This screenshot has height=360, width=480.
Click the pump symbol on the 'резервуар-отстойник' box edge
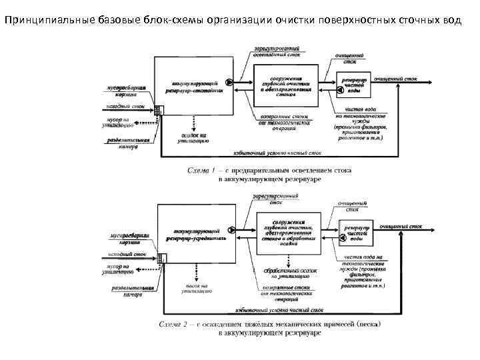(x=229, y=83)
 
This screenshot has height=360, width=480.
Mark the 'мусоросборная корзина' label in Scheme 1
(x=127, y=91)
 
